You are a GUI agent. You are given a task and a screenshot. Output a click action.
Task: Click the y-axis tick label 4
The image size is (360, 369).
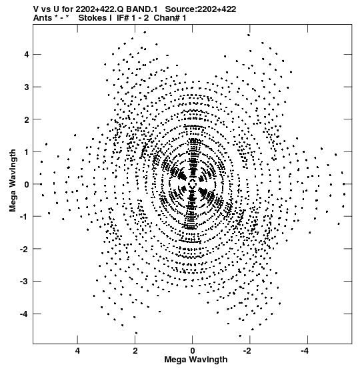(x=27, y=55)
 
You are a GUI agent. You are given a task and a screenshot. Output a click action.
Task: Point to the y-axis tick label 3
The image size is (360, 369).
(x=27, y=87)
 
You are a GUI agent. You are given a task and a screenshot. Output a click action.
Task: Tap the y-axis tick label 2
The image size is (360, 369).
(x=27, y=119)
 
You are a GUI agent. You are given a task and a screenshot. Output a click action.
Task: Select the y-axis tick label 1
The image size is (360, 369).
(x=27, y=152)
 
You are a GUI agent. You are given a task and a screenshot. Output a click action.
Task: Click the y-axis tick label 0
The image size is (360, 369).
(x=27, y=184)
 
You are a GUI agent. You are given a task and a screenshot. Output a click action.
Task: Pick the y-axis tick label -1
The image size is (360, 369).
(x=25, y=217)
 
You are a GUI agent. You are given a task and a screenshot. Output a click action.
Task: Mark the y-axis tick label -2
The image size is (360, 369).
(x=25, y=249)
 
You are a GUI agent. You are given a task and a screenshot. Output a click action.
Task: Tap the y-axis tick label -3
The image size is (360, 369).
(x=25, y=282)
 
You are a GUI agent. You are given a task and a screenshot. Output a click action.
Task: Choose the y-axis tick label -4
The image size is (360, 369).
(x=25, y=314)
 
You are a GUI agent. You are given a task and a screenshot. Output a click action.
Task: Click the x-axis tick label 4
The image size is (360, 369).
(x=77, y=351)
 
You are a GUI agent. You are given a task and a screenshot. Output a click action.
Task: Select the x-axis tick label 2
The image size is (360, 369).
(x=135, y=351)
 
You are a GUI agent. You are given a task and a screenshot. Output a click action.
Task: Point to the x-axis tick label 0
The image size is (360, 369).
(x=193, y=351)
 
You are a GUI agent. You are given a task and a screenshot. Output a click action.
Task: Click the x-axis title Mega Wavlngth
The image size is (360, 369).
(x=196, y=360)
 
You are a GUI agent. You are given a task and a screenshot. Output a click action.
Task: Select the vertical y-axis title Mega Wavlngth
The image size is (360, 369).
(x=13, y=181)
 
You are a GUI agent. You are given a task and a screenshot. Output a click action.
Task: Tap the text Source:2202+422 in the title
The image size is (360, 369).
(x=201, y=9)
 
